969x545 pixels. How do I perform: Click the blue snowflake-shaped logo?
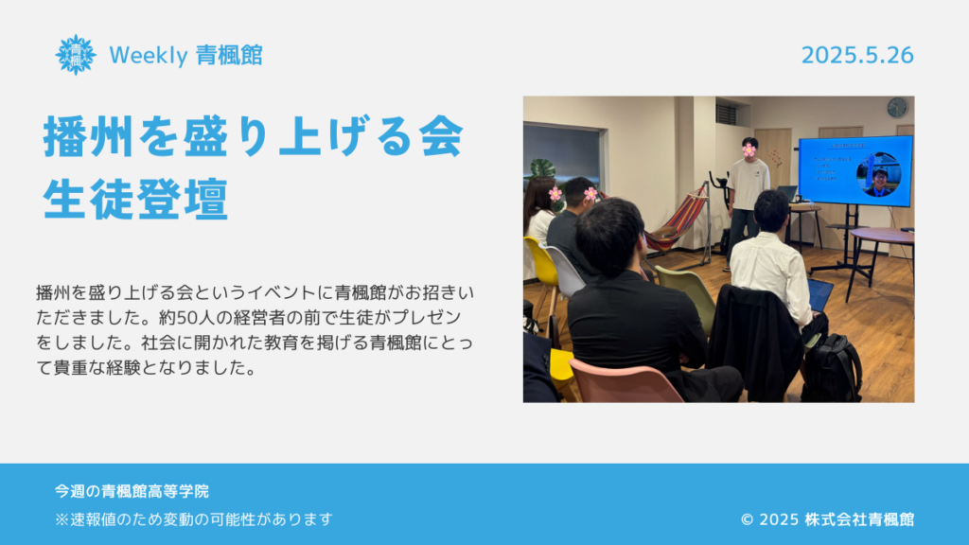pyautogui.click(x=76, y=55)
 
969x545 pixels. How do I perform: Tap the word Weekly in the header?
pyautogui.click(x=149, y=56)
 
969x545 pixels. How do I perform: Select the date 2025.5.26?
pyautogui.click(x=857, y=55)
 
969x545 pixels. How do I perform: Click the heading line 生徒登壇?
pyautogui.click(x=136, y=199)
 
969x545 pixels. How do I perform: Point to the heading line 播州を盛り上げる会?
pyautogui.click(x=254, y=136)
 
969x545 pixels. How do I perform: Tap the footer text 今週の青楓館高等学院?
pyautogui.click(x=132, y=491)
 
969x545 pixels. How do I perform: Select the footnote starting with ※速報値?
pyautogui.click(x=194, y=519)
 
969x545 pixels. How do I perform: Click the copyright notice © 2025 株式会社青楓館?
pyautogui.click(x=827, y=519)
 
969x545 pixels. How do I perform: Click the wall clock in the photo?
pyautogui.click(x=897, y=108)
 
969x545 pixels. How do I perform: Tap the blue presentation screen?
pyautogui.click(x=855, y=170)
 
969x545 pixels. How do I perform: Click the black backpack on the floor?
pyautogui.click(x=832, y=369)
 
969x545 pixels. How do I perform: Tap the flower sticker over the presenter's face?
pyautogui.click(x=749, y=149)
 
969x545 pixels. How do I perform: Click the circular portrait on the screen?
pyautogui.click(x=879, y=175)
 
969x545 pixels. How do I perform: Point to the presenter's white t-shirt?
pyautogui.click(x=749, y=184)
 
